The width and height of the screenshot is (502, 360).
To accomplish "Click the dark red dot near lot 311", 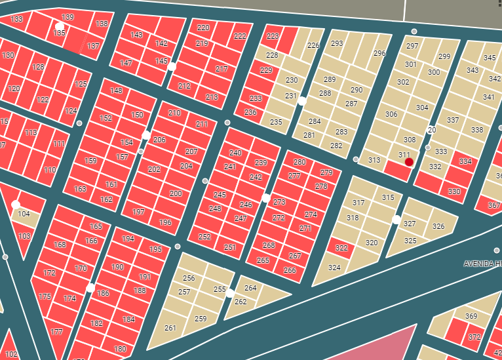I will [x=409, y=162].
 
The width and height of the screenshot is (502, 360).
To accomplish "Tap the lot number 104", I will [x=24, y=214].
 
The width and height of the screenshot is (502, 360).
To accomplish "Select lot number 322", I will [x=341, y=248].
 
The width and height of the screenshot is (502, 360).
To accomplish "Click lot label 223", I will [x=273, y=36].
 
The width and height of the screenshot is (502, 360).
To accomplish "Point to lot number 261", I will [x=170, y=328].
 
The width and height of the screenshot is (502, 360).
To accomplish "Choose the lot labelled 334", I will [x=465, y=161].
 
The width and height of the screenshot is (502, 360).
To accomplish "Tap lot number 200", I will [x=176, y=193].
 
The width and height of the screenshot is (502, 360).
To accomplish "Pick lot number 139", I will [x=68, y=17].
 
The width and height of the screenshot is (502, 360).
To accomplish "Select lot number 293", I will [x=337, y=44].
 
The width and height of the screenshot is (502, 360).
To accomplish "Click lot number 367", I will [x=493, y=205].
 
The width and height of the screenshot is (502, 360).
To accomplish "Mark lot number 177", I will [x=56, y=332].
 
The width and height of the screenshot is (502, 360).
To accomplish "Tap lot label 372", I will [x=474, y=338].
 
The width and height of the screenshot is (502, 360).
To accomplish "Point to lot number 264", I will [x=250, y=288].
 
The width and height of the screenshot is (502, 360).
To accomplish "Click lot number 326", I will [x=438, y=227].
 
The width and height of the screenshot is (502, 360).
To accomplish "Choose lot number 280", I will [x=299, y=162].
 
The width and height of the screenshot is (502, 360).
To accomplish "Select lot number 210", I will [x=174, y=113].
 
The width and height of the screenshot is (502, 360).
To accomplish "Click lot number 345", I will [x=490, y=58].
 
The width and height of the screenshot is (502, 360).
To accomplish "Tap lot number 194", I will [x=128, y=239].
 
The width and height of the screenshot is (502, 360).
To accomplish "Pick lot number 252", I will [x=204, y=237].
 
